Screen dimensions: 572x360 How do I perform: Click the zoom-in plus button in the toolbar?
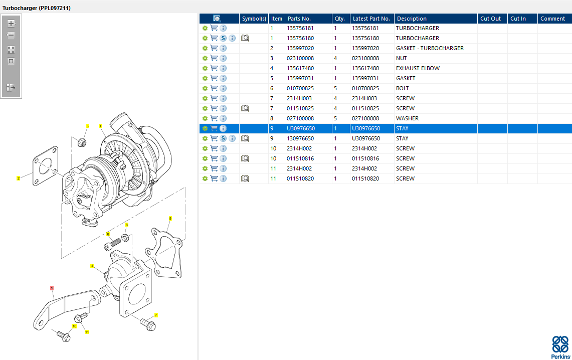[x=11, y=24]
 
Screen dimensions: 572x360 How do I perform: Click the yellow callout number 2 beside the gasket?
[x=18, y=178]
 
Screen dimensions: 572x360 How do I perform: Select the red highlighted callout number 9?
[x=52, y=288]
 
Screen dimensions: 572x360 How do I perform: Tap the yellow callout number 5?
[x=170, y=219]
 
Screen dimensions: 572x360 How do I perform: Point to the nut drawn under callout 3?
[x=82, y=142]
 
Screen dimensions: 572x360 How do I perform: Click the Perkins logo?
[x=560, y=347]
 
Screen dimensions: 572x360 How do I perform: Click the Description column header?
[x=412, y=19]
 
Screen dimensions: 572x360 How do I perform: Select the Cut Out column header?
[x=490, y=19]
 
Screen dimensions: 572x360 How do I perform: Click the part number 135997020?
[x=300, y=48]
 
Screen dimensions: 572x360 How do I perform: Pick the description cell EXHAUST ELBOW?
[x=418, y=68]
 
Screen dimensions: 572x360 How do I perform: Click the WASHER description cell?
[x=407, y=118]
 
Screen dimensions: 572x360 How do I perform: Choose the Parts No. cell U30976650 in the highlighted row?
[x=301, y=128]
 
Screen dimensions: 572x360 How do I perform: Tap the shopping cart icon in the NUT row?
[x=214, y=58]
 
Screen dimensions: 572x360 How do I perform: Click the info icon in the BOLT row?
[x=223, y=88]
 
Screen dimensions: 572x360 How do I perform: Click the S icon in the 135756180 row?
[x=223, y=38]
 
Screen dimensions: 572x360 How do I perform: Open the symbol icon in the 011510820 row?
[x=245, y=178]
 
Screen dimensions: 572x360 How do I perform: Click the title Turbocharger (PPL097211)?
[x=37, y=8]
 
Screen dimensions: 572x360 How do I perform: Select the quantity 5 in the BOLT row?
[x=335, y=88]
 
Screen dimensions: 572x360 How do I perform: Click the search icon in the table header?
[x=217, y=19]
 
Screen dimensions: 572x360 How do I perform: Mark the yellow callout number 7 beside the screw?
[x=156, y=315]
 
